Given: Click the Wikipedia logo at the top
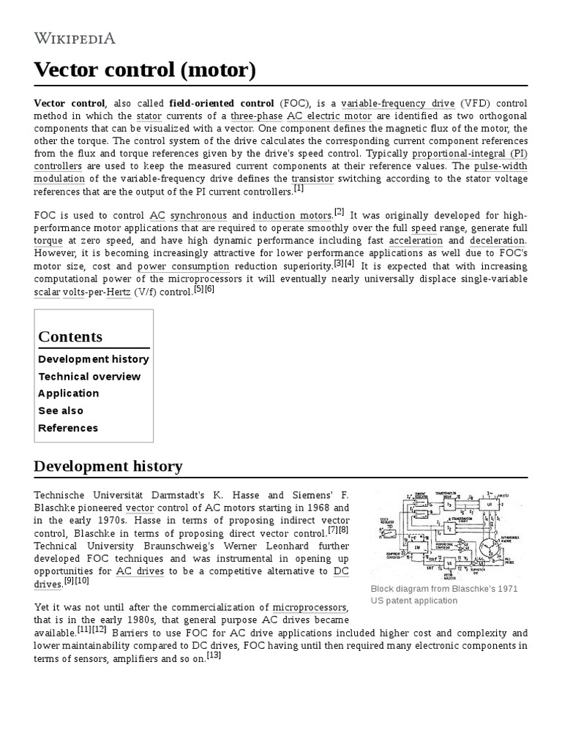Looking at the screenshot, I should (74, 39).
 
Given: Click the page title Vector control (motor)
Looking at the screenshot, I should (146, 71).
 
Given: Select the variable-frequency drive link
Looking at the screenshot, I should (397, 102).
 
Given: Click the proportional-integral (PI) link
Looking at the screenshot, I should (469, 153).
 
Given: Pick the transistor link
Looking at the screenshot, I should (312, 178).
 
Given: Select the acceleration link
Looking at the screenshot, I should (416, 241).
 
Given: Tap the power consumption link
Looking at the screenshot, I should (176, 266).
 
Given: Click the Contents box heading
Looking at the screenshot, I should (70, 336).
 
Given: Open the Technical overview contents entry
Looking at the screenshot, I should (89, 376).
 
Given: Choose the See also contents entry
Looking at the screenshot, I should (61, 410).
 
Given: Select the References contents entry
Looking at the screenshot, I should (68, 428).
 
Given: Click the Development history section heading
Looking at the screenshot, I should (108, 466).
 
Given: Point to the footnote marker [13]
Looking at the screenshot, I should (214, 655).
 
